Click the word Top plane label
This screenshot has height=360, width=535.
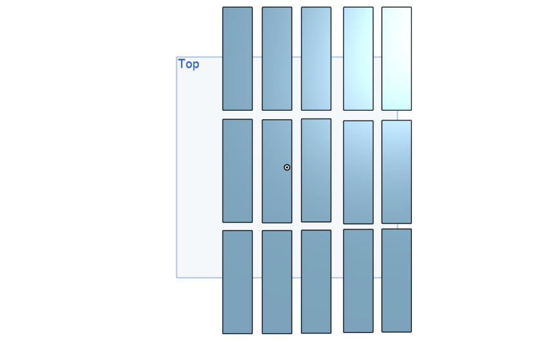(x=189, y=64)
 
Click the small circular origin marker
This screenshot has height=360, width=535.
(x=287, y=167)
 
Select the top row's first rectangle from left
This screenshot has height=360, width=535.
(x=237, y=59)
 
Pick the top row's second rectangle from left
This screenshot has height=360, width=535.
(x=277, y=59)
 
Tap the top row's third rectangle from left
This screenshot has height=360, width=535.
(x=316, y=59)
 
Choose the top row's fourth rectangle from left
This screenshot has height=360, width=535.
(x=358, y=59)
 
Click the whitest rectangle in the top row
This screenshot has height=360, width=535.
(x=396, y=59)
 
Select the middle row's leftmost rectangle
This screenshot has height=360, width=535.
(x=237, y=171)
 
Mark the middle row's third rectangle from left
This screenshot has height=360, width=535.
(x=316, y=171)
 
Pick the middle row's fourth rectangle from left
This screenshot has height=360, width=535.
(x=358, y=172)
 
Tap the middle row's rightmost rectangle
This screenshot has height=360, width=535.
(x=396, y=172)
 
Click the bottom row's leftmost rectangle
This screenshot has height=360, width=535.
(x=237, y=282)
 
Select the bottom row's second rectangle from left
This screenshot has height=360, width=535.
(x=277, y=282)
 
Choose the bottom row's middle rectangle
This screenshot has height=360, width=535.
(x=316, y=281)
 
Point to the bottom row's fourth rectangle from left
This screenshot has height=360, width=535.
(x=358, y=281)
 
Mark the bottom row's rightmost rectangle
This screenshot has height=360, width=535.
(x=396, y=281)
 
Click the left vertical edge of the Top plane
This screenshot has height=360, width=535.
(x=177, y=167)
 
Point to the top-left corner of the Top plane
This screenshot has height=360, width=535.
(x=177, y=57)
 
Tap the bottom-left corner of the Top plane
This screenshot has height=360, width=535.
(x=177, y=278)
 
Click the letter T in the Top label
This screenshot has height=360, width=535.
(x=182, y=63)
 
